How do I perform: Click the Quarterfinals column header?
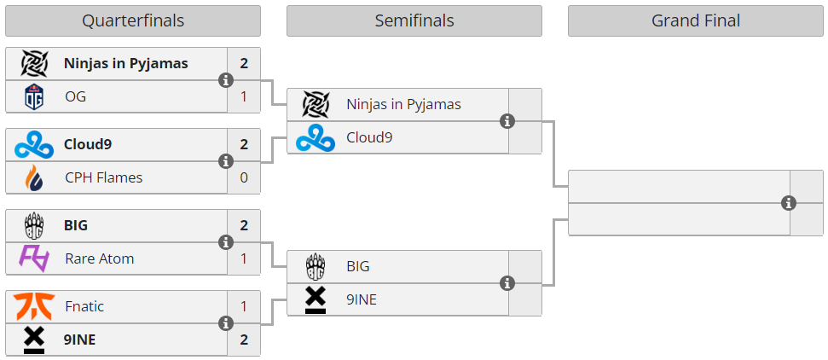pyautogui.click(x=133, y=20)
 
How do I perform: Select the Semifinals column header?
pyautogui.click(x=414, y=20)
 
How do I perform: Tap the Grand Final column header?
pyautogui.click(x=696, y=20)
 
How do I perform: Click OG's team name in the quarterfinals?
pyautogui.click(x=76, y=96)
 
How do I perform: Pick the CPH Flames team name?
pyautogui.click(x=103, y=177)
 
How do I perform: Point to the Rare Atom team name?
pyautogui.click(x=99, y=258)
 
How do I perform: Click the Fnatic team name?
pyautogui.click(x=84, y=305)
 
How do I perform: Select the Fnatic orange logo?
pyautogui.click(x=34, y=305)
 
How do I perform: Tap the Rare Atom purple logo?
pyautogui.click(x=34, y=258)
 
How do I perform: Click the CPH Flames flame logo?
pyautogui.click(x=34, y=177)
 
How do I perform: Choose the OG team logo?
pyautogui.click(x=34, y=97)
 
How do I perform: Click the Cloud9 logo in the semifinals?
pyautogui.click(x=316, y=137)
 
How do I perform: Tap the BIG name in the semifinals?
pyautogui.click(x=358, y=266)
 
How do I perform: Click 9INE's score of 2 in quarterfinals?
pyautogui.click(x=244, y=339)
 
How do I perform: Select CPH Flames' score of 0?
pyautogui.click(x=244, y=177)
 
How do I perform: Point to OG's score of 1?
pyautogui.click(x=244, y=96)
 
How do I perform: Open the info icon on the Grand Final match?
pyautogui.click(x=789, y=203)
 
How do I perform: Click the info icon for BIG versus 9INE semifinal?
pyautogui.click(x=507, y=283)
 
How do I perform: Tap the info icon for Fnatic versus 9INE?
pyautogui.click(x=226, y=323)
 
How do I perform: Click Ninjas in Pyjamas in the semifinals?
pyautogui.click(x=403, y=104)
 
